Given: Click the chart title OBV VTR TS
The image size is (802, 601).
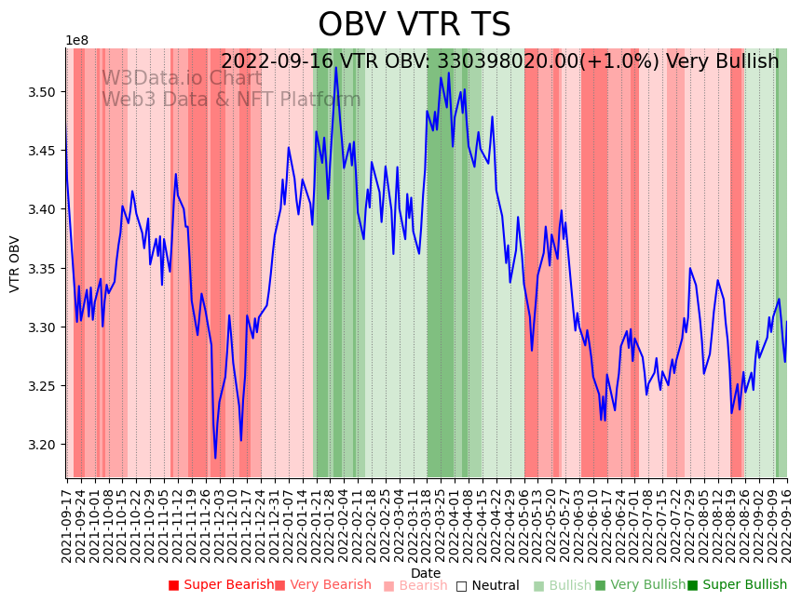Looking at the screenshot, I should (x=414, y=25).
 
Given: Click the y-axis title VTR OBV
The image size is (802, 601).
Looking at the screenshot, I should (x=15, y=264).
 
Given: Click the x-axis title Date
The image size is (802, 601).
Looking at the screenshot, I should (x=426, y=573).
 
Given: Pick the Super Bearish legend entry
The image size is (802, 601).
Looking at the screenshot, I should (x=222, y=585).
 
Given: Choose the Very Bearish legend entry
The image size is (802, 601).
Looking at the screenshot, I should (x=323, y=585).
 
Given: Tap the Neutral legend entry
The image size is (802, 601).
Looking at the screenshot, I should (x=487, y=585).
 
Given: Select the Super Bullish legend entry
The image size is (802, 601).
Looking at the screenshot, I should (x=737, y=585).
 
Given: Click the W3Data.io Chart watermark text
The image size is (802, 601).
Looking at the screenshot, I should (x=182, y=78).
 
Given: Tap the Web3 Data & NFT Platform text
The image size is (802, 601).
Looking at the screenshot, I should (x=231, y=100).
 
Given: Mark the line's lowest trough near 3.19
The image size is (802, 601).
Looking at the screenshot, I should (x=215, y=458).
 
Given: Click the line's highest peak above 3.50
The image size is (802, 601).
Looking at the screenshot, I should (x=336, y=67).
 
